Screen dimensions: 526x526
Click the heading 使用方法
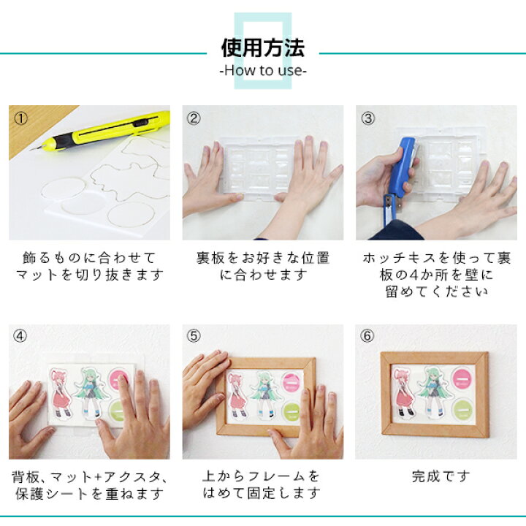click(262, 48)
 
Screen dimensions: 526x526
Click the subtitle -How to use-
click(262, 71)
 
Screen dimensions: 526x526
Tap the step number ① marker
click(20, 118)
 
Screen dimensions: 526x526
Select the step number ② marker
click(194, 118)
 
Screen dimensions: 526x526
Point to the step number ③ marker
click(367, 118)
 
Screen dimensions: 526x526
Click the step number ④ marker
click(20, 337)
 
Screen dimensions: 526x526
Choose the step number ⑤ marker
click(194, 337)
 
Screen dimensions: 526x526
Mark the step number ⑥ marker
click(367, 337)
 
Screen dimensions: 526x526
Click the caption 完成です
click(436, 476)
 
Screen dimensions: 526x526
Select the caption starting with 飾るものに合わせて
click(88, 267)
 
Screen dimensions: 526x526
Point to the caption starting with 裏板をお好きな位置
click(262, 267)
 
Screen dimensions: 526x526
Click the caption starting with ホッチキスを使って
click(436, 275)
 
